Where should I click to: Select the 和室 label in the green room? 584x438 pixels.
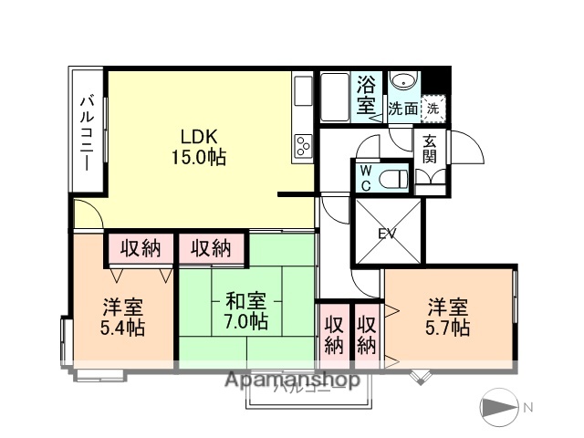click(245, 300)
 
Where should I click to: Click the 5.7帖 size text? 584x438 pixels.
click(448, 327)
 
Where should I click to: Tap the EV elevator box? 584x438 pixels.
click(388, 234)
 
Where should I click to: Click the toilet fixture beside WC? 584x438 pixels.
click(393, 176)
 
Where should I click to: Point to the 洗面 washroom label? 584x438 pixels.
click(403, 108)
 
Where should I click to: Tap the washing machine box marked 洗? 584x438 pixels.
click(434, 107)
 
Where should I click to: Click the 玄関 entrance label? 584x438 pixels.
click(429, 149)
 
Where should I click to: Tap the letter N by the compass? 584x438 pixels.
click(527, 407)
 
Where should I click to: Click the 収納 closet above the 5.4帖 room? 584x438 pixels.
click(140, 247)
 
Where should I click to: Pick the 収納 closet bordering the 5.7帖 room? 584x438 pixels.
click(367, 334)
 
